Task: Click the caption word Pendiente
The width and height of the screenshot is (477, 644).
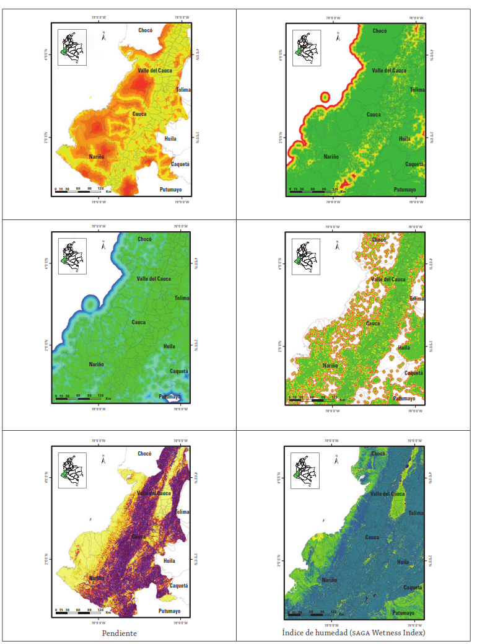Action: click(119, 633)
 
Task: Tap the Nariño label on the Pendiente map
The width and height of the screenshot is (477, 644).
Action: click(95, 578)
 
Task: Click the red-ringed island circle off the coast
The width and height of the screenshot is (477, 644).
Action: click(325, 97)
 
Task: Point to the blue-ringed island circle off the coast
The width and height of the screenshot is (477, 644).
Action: click(91, 304)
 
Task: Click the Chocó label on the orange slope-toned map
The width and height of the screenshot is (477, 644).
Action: click(146, 30)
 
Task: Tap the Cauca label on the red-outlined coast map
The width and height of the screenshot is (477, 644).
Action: click(374, 115)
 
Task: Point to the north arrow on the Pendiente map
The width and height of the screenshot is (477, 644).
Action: click(104, 459)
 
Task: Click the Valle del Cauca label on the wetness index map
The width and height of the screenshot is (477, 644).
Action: click(388, 493)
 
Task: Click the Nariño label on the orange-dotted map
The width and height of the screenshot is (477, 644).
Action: click(330, 365)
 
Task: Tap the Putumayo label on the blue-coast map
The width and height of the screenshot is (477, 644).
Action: click(170, 397)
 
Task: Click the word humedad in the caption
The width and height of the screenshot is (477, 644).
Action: click(323, 633)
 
